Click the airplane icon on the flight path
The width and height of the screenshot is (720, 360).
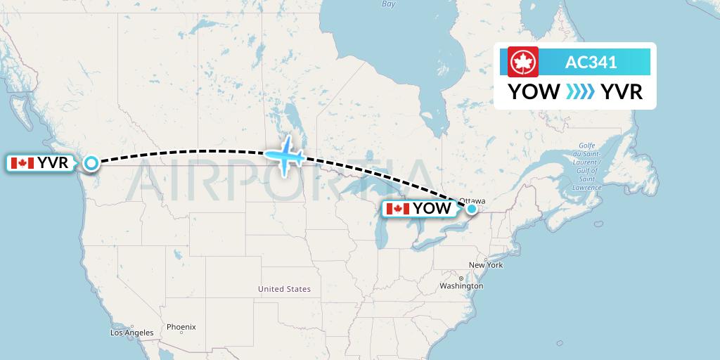285,155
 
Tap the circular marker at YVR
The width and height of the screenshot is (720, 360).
91,163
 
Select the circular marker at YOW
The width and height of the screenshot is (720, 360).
472,208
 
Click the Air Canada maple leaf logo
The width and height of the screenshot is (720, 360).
522,62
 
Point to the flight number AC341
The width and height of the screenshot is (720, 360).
591,62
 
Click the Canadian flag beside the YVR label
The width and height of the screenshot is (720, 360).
22,163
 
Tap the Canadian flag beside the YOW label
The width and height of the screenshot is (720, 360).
398,209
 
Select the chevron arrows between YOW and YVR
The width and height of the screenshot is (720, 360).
580,92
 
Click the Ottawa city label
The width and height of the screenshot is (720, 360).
472,200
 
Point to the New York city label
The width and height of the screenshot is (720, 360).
486,265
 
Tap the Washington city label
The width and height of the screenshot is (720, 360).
461,286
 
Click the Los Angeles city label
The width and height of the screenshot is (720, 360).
131,333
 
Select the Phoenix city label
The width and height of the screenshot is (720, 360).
181,327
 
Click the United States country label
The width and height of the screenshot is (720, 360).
284,289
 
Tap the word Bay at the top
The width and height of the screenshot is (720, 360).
388,4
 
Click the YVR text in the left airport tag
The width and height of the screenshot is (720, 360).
53,163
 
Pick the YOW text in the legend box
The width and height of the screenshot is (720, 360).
534,92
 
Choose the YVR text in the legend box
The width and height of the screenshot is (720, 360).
622,92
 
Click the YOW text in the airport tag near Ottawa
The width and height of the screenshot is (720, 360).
432,209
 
